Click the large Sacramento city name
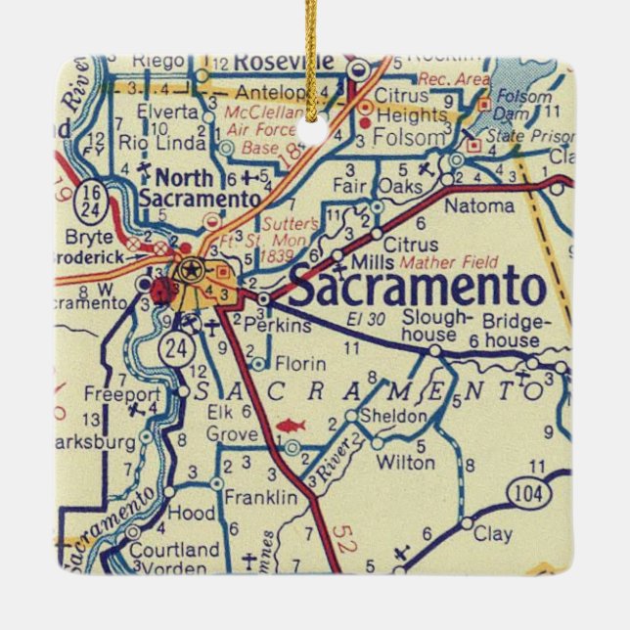pos(417,289)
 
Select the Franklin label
pos(260,497)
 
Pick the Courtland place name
pos(174,550)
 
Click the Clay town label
pos(492,535)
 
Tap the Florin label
pos(299,364)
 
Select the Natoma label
pos(478,206)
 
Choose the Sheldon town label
pos(392,418)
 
